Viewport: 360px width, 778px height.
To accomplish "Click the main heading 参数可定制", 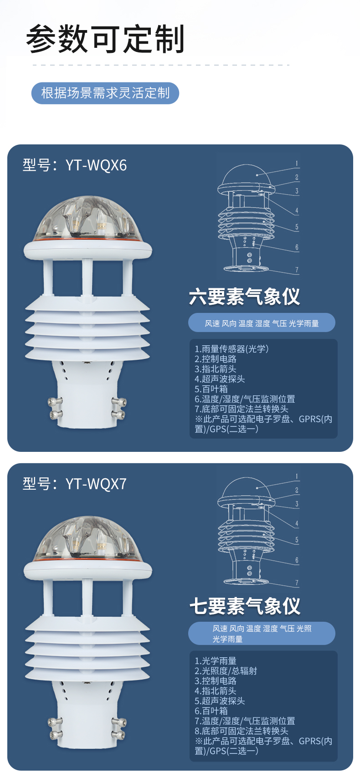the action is [105, 39].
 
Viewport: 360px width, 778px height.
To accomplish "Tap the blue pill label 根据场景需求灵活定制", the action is [105, 93].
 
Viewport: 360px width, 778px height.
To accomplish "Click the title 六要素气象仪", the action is [244, 297].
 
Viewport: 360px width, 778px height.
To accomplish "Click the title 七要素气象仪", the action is [245, 606].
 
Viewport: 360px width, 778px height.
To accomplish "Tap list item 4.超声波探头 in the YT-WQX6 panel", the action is [220, 379].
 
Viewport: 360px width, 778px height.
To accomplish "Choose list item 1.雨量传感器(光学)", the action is [231, 349].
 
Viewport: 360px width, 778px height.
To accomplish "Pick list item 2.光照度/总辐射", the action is [226, 671].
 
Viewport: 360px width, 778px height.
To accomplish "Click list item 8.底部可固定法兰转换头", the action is [241, 731].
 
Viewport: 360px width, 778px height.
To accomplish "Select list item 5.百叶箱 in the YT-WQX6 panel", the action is [211, 389].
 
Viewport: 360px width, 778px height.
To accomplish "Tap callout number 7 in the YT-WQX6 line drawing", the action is [297, 270].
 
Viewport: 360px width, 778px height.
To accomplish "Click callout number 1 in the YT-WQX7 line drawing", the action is [297, 476].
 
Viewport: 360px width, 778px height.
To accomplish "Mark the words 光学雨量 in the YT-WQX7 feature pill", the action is [227, 639].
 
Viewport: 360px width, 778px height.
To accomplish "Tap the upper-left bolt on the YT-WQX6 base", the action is [55, 402].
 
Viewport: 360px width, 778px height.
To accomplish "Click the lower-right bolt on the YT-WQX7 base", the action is [119, 734].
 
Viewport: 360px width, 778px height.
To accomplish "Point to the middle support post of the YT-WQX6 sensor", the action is [87, 277].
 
